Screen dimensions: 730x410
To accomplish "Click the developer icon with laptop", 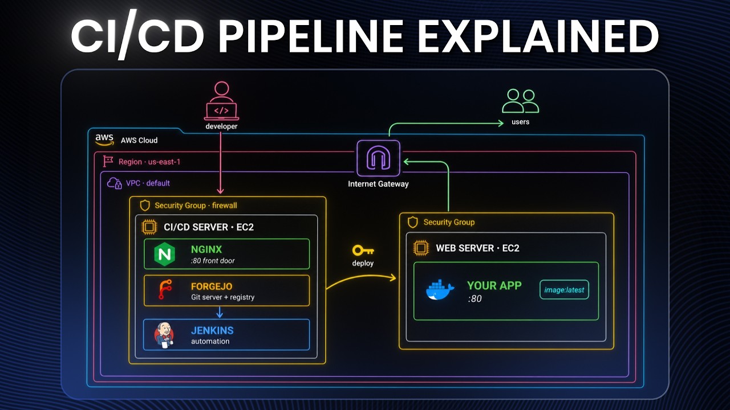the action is (x=222, y=101).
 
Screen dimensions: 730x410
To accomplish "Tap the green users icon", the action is (x=521, y=101).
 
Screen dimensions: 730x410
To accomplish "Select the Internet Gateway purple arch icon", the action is (x=378, y=158).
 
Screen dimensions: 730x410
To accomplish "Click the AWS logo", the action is (x=104, y=140).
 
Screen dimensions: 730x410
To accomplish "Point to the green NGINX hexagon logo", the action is (x=165, y=254).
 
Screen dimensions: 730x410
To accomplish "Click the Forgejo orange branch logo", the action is (x=165, y=289).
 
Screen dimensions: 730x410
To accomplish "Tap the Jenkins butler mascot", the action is (x=164, y=335).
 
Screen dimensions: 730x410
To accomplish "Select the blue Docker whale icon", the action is (x=440, y=290).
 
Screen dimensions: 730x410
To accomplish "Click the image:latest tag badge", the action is (x=564, y=290).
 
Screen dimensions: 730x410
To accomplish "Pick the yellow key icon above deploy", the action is (x=363, y=251).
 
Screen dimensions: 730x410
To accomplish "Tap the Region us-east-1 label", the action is (x=149, y=162).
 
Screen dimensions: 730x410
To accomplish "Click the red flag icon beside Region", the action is (x=108, y=161).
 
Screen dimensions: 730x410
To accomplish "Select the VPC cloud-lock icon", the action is (x=115, y=183).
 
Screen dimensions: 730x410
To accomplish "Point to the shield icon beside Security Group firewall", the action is (x=145, y=206).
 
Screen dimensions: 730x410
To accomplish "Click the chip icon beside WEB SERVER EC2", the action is (x=421, y=248).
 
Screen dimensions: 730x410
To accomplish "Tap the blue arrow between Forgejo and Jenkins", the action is (x=220, y=313).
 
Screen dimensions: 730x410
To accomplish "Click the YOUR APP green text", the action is (x=494, y=285).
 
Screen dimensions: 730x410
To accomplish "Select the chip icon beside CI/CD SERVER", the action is (x=149, y=227).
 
